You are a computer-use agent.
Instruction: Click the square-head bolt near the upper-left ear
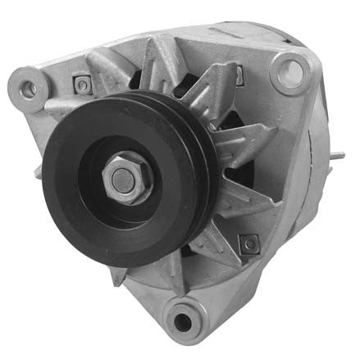coord(80,83)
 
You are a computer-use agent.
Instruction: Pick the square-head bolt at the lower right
coord(248,243)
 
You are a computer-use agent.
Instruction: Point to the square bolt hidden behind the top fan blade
coord(239,75)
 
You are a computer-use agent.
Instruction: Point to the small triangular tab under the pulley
coord(120,275)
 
